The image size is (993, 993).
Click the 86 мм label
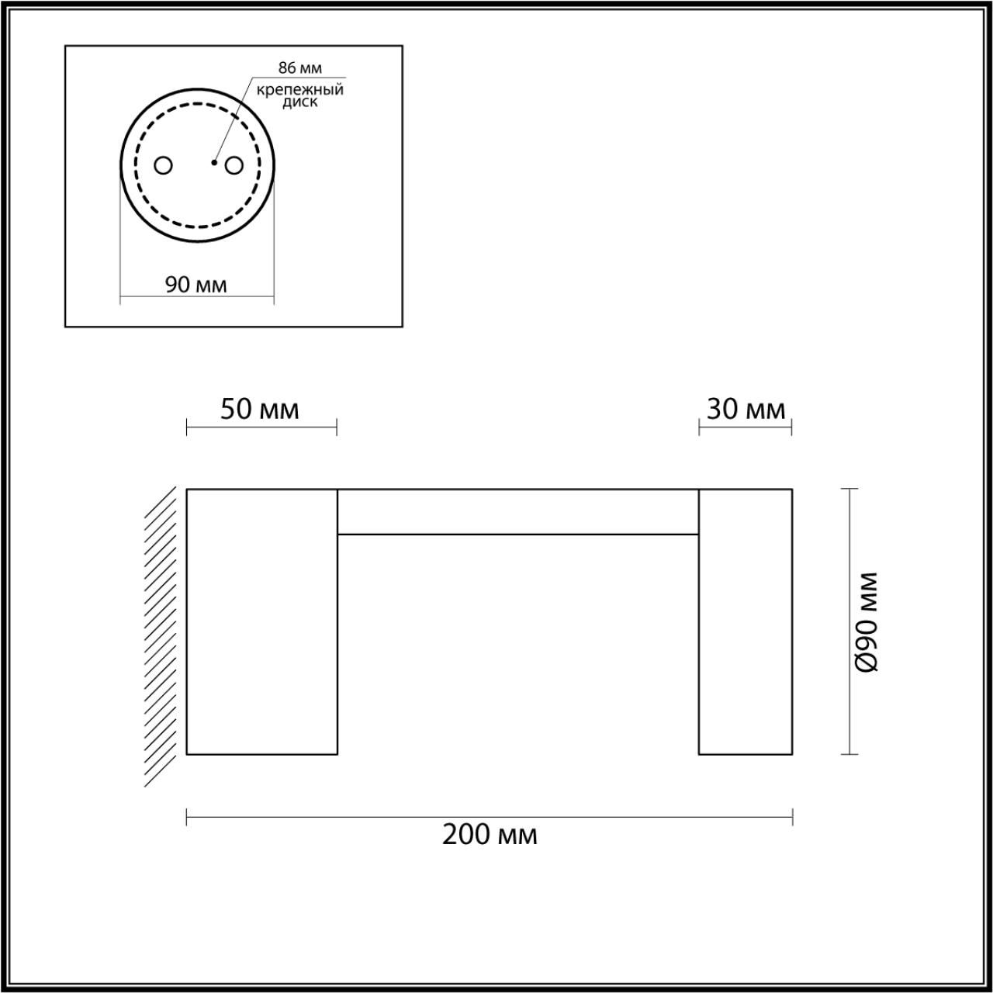click(x=299, y=68)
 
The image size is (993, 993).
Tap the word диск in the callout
click(x=299, y=102)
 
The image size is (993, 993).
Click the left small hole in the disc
click(x=164, y=165)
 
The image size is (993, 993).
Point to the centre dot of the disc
click(x=214, y=163)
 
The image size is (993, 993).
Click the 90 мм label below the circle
click(x=196, y=285)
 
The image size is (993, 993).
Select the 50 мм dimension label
click(x=259, y=409)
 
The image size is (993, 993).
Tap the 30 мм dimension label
click(x=746, y=409)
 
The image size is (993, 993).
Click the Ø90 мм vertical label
click(x=867, y=622)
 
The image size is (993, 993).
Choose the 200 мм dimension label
click(x=490, y=835)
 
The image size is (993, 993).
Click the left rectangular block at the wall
click(x=262, y=621)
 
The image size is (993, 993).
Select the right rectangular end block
click(x=745, y=621)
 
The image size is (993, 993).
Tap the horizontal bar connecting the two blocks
click(x=517, y=512)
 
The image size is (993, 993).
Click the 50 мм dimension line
click(x=261, y=427)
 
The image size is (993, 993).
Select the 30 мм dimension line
click(x=745, y=427)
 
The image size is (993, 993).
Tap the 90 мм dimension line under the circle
click(x=197, y=297)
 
